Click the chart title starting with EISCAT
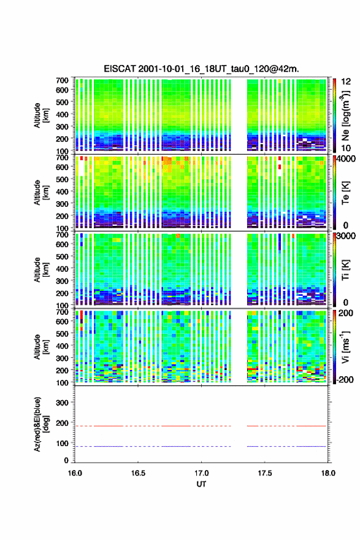(201, 69)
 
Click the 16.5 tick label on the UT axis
(138, 473)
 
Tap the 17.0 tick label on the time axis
(201, 473)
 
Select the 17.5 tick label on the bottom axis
(265, 473)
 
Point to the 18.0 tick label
(328, 473)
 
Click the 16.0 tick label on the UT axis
(75, 473)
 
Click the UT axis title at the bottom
(201, 484)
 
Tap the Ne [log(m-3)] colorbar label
(347, 115)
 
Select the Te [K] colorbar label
(345, 193)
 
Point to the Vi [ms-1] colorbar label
(345, 347)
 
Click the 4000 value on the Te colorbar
(347, 159)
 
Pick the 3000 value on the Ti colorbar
(347, 236)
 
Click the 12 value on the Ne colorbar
(346, 82)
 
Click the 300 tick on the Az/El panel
(63, 403)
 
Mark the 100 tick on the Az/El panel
(63, 443)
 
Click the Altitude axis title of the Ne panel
(40, 115)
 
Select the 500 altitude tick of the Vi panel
(63, 333)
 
